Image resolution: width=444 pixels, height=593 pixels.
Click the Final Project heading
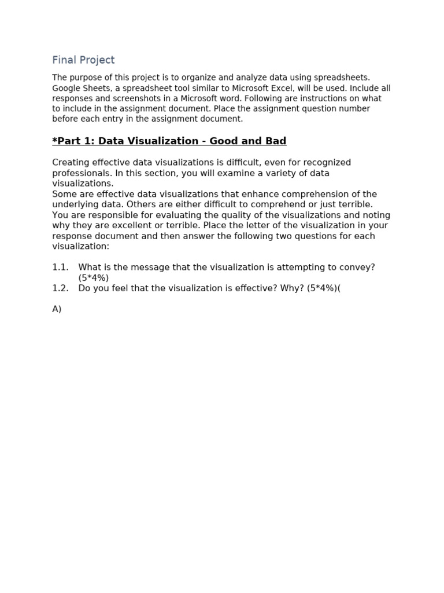[83, 60]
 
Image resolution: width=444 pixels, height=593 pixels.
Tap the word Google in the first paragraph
[66, 88]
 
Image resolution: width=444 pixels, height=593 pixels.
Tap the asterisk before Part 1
[54, 141]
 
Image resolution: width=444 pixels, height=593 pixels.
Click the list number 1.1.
[60, 267]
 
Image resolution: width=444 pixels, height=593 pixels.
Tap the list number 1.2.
[60, 288]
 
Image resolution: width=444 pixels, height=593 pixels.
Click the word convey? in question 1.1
[359, 267]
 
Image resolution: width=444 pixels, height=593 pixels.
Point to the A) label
[57, 309]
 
